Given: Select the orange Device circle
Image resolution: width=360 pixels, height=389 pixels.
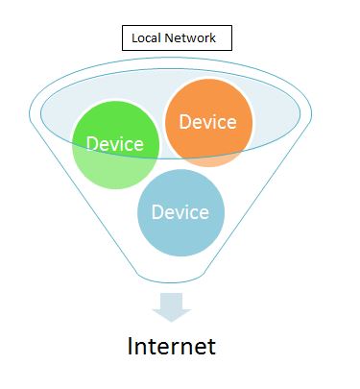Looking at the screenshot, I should [208, 121].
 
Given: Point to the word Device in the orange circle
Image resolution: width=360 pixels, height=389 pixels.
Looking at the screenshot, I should [207, 122].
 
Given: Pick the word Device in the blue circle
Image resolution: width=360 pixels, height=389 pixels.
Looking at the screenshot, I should [180, 211].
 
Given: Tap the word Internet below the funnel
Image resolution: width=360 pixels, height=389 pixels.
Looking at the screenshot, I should [172, 346].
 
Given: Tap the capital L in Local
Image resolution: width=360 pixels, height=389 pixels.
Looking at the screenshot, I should [134, 38].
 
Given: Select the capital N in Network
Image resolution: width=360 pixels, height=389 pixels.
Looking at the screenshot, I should [174, 38].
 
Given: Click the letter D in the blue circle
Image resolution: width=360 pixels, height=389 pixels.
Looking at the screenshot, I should [157, 211].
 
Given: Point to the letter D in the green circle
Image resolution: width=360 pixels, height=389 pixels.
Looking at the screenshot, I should [92, 144].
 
